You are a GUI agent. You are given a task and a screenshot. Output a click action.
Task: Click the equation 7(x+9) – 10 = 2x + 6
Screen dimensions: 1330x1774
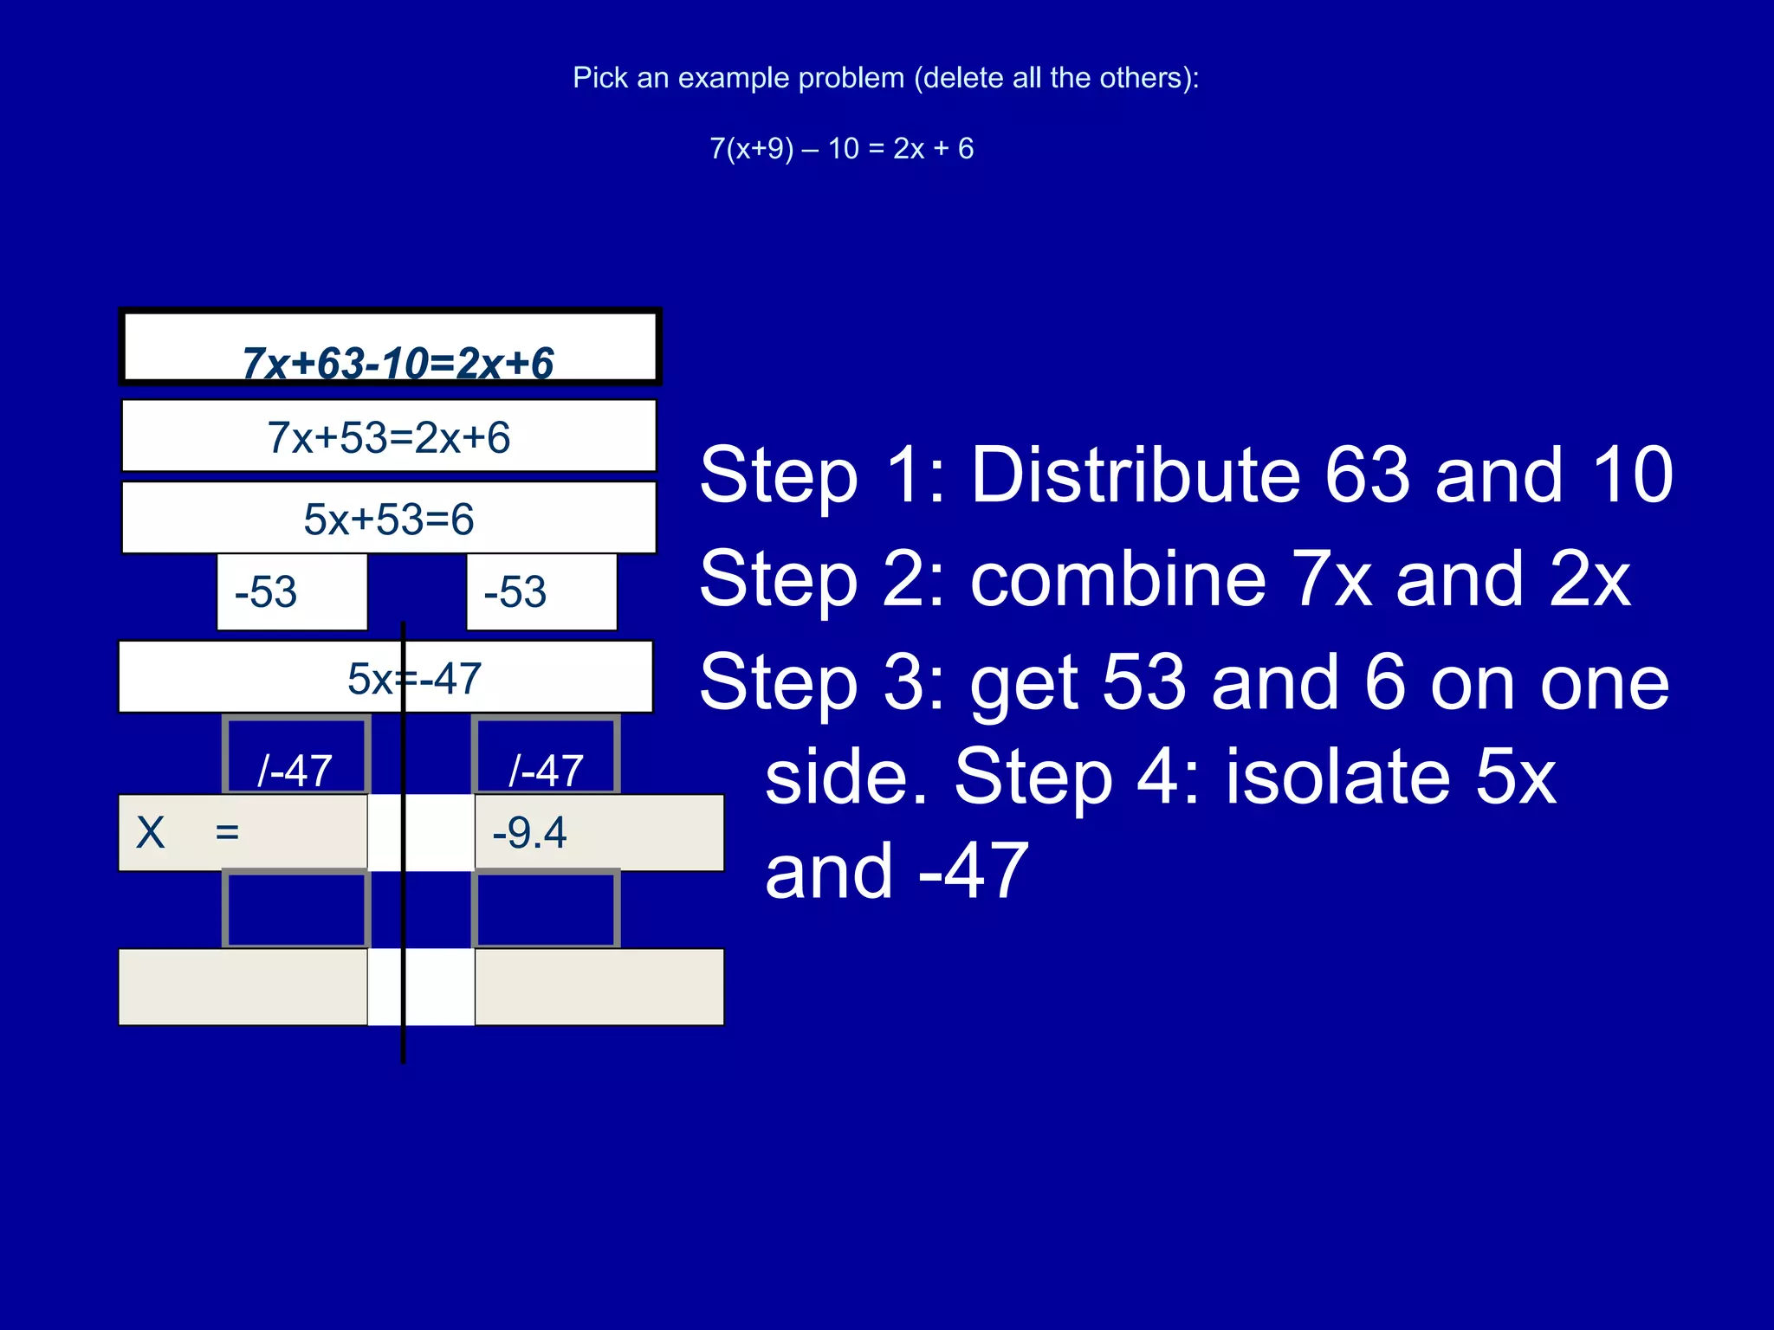click(841, 149)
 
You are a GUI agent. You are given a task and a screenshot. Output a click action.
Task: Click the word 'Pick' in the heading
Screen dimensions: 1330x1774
click(599, 78)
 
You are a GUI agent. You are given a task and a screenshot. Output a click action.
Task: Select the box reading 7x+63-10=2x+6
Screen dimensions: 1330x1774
click(391, 347)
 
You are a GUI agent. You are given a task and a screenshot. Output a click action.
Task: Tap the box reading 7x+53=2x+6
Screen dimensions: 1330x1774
click(389, 436)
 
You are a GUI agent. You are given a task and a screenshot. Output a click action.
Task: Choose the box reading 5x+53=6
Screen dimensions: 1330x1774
click(389, 518)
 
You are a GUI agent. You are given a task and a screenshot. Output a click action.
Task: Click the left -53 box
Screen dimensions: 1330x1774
click(292, 592)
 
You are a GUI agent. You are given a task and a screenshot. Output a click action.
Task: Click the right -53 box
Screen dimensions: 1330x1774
click(541, 592)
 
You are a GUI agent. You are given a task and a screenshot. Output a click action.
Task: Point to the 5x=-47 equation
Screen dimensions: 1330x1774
click(414, 678)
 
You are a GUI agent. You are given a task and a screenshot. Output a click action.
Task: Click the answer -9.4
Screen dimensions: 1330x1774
click(529, 833)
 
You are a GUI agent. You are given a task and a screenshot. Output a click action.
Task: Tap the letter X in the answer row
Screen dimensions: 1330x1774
click(151, 833)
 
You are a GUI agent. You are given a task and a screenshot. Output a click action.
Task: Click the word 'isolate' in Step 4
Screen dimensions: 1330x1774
click(1337, 776)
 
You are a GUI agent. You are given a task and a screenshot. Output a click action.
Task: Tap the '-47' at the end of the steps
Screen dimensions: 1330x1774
click(974, 871)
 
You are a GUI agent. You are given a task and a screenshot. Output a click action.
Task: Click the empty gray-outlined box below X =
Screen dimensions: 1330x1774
click(296, 909)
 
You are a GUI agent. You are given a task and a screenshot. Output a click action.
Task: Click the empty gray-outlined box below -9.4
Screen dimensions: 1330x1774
click(546, 909)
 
